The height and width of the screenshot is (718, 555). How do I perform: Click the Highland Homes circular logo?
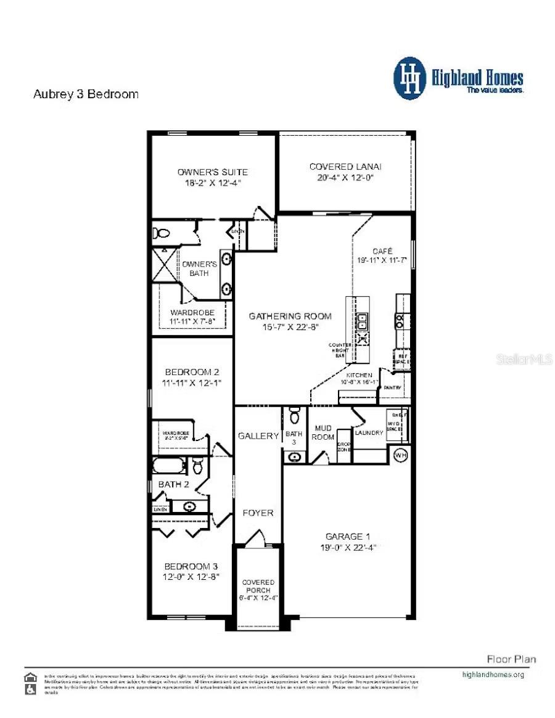pyautogui.click(x=409, y=78)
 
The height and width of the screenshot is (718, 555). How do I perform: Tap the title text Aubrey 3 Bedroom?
pyautogui.click(x=85, y=94)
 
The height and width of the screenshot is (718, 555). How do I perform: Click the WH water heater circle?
pyautogui.click(x=401, y=455)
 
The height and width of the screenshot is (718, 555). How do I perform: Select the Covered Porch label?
pyautogui.click(x=258, y=590)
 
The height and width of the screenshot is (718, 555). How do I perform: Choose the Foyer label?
pyautogui.click(x=258, y=513)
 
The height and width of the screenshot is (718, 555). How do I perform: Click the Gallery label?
pyautogui.click(x=258, y=435)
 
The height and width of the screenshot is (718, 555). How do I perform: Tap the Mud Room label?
pyautogui.click(x=324, y=432)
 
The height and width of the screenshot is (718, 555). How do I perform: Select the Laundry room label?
pyautogui.click(x=369, y=432)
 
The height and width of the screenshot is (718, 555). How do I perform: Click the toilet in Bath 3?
pyautogui.click(x=294, y=416)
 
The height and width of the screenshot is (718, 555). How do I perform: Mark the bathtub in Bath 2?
pyautogui.click(x=168, y=465)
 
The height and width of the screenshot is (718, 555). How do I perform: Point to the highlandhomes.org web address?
pyautogui.click(x=493, y=674)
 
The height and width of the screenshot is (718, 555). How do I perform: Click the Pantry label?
pyautogui.click(x=392, y=388)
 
